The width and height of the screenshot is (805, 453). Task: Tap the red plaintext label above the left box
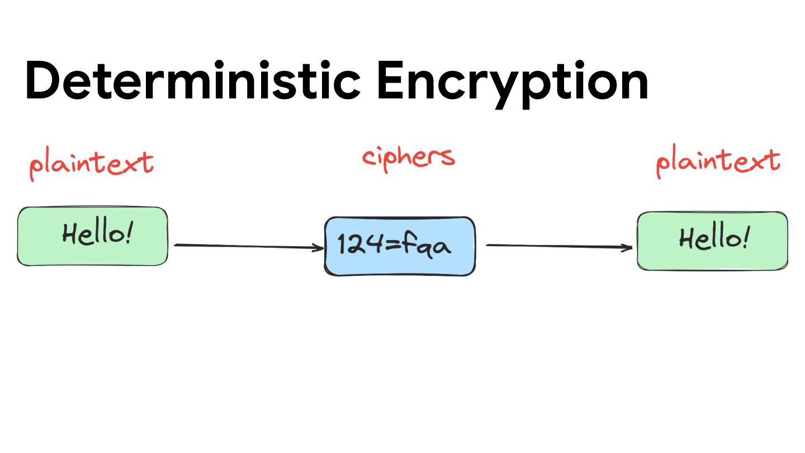(91, 164)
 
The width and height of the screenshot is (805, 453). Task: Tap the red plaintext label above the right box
(718, 162)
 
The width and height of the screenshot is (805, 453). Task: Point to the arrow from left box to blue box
(246, 246)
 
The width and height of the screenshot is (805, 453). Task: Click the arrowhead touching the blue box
(319, 247)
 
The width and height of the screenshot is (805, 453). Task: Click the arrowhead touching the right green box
(628, 247)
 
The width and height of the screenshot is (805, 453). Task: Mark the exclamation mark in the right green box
(746, 238)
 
